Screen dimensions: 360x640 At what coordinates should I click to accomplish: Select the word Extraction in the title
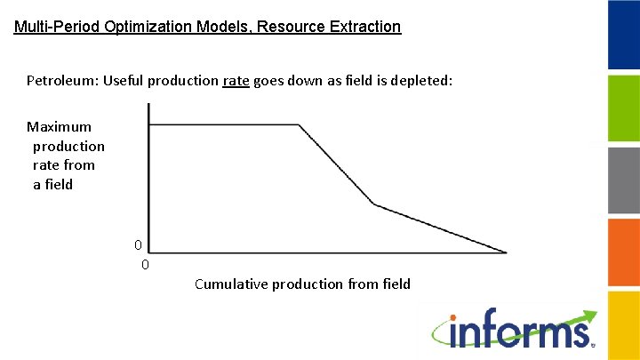364,27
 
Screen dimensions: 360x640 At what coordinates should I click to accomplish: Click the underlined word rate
236,81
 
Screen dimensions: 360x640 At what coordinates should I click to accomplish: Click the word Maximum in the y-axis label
59,126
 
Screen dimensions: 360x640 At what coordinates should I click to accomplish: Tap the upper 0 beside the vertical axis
138,244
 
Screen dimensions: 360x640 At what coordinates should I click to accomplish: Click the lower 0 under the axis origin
146,264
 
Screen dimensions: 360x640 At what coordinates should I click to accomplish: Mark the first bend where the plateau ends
299,125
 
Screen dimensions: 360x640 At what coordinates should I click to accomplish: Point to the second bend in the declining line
373,204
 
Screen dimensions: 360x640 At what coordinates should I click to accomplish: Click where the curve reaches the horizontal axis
506,252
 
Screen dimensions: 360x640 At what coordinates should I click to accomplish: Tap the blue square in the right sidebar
623,35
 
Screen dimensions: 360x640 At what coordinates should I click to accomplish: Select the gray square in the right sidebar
623,180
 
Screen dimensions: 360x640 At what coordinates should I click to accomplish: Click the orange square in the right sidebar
623,252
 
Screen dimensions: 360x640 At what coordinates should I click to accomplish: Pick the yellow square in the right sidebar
623,324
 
